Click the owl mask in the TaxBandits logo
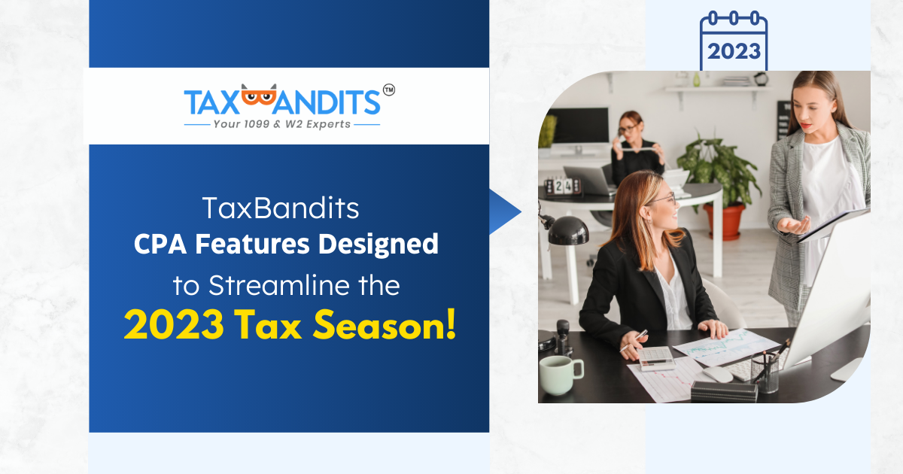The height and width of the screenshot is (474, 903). tap(259, 96)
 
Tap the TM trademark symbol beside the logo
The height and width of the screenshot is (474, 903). tap(389, 90)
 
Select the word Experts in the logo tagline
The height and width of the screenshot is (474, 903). tap(328, 125)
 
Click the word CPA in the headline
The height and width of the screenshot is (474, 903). tap(160, 244)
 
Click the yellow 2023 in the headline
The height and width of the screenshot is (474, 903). tap(174, 325)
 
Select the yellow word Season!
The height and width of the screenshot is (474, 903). tap(385, 324)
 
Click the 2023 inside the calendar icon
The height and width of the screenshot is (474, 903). tap(734, 52)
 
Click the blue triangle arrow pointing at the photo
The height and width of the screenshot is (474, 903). tap(505, 211)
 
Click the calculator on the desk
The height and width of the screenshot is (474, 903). tap(655, 357)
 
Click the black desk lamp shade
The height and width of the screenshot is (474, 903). tap(567, 231)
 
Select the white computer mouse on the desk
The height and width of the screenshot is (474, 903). tap(718, 375)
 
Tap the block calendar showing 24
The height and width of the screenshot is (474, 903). tap(563, 187)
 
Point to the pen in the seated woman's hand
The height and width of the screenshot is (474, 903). tap(634, 341)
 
